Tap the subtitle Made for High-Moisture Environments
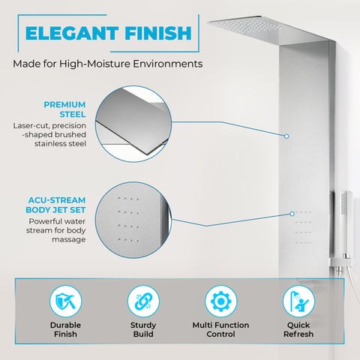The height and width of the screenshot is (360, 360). (107, 64)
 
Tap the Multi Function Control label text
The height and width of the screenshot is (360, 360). (220, 329)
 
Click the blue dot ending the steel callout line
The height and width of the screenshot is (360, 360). (287, 136)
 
